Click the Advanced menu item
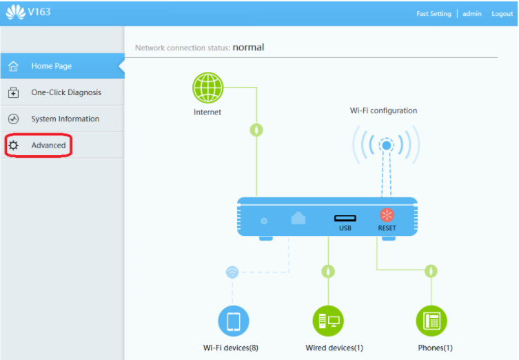point(48,145)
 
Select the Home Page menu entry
point(51,66)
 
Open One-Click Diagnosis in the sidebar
point(66,92)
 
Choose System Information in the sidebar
point(65,119)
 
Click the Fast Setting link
point(434,14)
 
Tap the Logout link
point(502,14)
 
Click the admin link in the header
point(471,14)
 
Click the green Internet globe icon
point(208,88)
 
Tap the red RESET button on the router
point(387,215)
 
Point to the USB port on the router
point(345,218)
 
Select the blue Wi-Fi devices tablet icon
point(234,321)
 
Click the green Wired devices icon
point(328,321)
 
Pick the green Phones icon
point(431,321)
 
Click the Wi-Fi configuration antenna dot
point(386,145)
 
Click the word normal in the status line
point(248,48)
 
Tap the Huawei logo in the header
point(16,12)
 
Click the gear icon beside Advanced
point(13,145)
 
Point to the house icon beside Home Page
point(13,66)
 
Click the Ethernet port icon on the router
point(298,218)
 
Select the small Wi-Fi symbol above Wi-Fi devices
point(232,272)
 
